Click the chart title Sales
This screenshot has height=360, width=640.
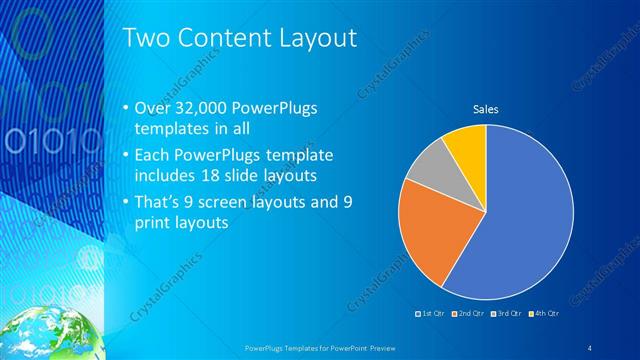tap(486, 109)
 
